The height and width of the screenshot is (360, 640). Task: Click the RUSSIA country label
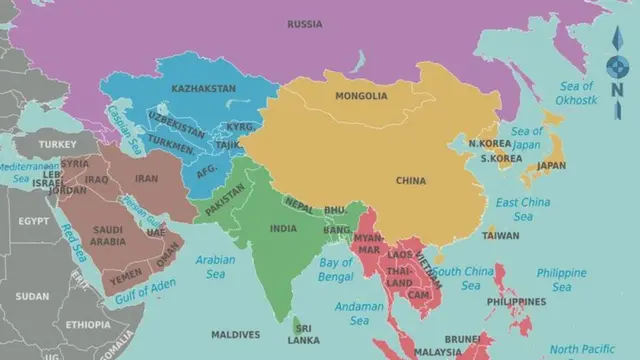pos(304,24)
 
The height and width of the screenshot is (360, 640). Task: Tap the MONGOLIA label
pos(361,96)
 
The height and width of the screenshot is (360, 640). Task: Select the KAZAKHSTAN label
pos(203,88)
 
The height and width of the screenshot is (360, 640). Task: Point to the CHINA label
pos(410,181)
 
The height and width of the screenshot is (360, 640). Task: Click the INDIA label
pos(283,228)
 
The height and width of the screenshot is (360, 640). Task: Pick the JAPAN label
pos(551,166)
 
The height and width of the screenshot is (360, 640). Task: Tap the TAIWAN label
pos(501,236)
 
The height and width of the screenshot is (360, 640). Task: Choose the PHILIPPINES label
pos(516,301)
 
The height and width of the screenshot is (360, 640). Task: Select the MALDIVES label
pos(236,334)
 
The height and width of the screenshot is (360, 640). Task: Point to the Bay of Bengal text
pos(336,269)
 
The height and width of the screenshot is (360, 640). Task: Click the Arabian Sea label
pos(215,265)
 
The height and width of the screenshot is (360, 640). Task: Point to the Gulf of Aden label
pos(145,291)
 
